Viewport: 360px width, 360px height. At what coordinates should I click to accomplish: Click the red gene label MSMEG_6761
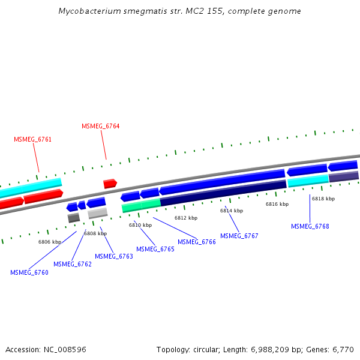point(32,139)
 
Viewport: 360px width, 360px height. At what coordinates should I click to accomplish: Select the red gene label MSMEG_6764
point(100,126)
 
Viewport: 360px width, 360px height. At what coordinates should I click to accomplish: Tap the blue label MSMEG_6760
point(29,272)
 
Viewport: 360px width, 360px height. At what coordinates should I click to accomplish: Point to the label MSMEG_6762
point(72,264)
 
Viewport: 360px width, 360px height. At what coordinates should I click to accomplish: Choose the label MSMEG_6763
point(113,256)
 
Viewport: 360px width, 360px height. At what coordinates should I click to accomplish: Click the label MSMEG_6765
point(155,249)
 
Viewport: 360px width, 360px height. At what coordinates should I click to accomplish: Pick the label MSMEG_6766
point(196,242)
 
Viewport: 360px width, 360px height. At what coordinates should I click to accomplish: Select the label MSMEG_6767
point(239,236)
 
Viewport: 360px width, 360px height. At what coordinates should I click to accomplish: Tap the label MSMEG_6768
point(310,226)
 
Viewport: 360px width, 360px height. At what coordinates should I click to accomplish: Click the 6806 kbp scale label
point(50,242)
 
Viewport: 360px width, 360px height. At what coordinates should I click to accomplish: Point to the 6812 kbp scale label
point(186,218)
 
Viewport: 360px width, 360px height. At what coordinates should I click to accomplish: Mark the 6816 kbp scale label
point(277,204)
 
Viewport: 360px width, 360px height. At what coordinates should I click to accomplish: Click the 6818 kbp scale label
point(323,199)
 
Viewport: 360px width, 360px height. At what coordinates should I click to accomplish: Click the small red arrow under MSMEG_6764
point(110,184)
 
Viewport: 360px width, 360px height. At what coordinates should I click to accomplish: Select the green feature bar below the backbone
point(141,206)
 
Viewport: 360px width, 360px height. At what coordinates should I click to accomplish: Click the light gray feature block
point(97,213)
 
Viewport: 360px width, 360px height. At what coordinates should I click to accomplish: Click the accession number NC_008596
point(65,349)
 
